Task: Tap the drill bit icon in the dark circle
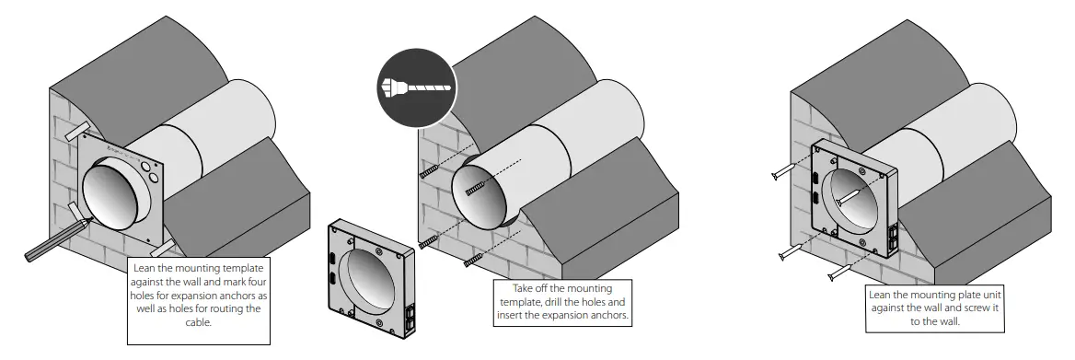[415, 88]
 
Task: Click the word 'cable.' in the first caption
[198, 323]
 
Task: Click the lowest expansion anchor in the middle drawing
[474, 262]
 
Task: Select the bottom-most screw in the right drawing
[839, 273]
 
